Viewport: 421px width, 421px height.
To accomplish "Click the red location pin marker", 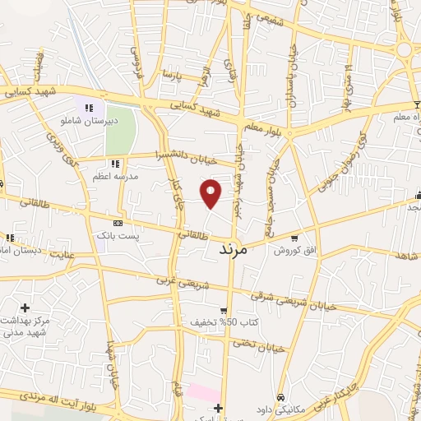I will pyautogui.click(x=211, y=193).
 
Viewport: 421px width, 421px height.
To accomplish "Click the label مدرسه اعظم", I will pyautogui.click(x=115, y=176).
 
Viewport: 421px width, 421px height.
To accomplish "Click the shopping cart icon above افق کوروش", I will pyautogui.click(x=294, y=237).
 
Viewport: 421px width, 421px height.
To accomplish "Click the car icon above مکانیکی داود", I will pyautogui.click(x=280, y=395).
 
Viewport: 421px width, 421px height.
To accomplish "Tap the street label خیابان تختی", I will pyautogui.click(x=263, y=349).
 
